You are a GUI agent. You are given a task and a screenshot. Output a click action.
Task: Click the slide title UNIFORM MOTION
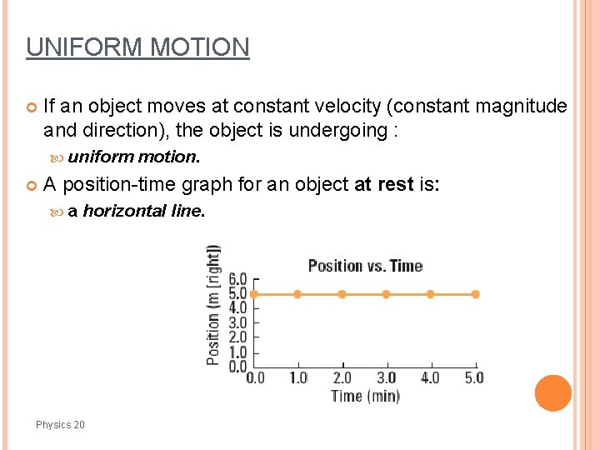click(x=137, y=47)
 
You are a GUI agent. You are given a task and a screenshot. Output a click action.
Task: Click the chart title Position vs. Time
click(x=365, y=266)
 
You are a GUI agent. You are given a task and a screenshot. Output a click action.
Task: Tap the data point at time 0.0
click(x=254, y=294)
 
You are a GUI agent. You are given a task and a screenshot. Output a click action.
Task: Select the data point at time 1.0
click(x=297, y=294)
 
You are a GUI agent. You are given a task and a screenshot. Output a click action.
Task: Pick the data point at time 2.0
click(x=342, y=294)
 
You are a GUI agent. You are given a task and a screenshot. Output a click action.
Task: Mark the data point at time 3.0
click(x=386, y=294)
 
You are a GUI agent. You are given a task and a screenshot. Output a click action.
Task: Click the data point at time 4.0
click(x=430, y=294)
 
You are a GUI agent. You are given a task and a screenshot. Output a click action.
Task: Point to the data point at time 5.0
click(x=475, y=294)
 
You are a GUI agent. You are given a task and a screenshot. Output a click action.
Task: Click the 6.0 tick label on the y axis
click(x=237, y=279)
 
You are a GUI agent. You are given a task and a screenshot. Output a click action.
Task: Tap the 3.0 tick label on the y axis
click(x=237, y=323)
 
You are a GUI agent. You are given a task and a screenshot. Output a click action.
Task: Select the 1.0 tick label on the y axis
click(x=237, y=352)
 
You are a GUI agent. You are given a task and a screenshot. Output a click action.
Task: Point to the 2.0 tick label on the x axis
click(x=342, y=377)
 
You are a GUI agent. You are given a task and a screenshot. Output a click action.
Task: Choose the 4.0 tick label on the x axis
click(x=430, y=377)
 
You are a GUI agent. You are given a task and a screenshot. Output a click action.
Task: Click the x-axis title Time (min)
click(x=365, y=396)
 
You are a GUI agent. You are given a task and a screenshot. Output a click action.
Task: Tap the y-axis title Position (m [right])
click(x=214, y=304)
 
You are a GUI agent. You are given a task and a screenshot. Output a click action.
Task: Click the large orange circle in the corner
click(x=553, y=393)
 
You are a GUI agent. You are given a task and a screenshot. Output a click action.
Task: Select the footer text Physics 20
click(x=60, y=425)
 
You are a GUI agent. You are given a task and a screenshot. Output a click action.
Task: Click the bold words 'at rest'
click(x=383, y=183)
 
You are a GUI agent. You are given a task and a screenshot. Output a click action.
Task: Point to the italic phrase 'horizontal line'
click(x=142, y=211)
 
